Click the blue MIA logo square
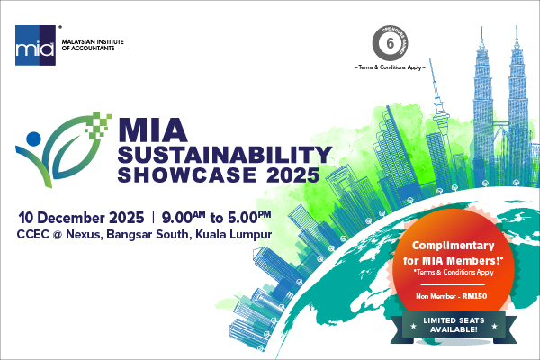point(33,45)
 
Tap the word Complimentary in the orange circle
point(461,246)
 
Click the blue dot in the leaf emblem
point(33,139)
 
